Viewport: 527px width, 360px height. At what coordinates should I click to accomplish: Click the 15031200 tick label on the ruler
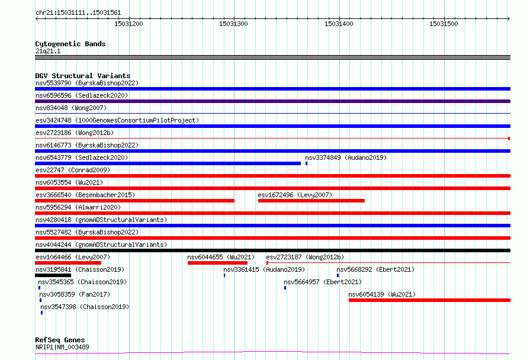pyautogui.click(x=128, y=24)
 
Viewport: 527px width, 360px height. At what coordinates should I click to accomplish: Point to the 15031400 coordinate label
pyautogui.click(x=339, y=24)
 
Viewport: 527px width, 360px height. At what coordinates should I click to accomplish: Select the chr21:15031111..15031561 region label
pyautogui.click(x=78, y=13)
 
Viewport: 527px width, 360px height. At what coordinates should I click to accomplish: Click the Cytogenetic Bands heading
pyautogui.click(x=70, y=44)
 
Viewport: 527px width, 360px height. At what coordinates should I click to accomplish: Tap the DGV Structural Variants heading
pyautogui.click(x=83, y=76)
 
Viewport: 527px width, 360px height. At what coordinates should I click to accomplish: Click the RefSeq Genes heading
pyautogui.click(x=60, y=340)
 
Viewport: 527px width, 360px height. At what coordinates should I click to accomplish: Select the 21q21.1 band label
pyautogui.click(x=48, y=51)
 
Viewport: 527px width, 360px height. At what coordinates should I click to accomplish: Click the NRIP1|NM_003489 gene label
pyautogui.click(x=62, y=347)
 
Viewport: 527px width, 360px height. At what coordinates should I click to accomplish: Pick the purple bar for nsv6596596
pyautogui.click(x=272, y=101)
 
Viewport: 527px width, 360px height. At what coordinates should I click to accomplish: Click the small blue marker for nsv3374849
pyautogui.click(x=306, y=163)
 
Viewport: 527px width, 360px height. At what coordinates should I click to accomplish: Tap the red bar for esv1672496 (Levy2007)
pyautogui.click(x=311, y=201)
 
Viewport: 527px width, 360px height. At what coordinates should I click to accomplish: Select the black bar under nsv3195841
pyautogui.click(x=53, y=275)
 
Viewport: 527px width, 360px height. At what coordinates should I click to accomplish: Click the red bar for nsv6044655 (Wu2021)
pyautogui.click(x=217, y=263)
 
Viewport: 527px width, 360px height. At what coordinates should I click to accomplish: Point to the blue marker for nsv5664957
pyautogui.click(x=285, y=288)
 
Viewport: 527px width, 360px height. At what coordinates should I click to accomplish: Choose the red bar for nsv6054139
pyautogui.click(x=429, y=300)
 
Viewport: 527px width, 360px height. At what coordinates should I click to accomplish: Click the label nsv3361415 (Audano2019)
pyautogui.click(x=264, y=269)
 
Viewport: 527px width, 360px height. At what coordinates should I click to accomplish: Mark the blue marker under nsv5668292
pyautogui.click(x=338, y=275)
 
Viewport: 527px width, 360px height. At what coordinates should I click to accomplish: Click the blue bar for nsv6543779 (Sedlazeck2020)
pyautogui.click(x=168, y=163)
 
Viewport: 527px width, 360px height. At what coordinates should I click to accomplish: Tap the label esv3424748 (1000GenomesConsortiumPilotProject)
pyautogui.click(x=117, y=120)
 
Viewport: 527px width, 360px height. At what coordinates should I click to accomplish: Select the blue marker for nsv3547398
pyautogui.click(x=41, y=313)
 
